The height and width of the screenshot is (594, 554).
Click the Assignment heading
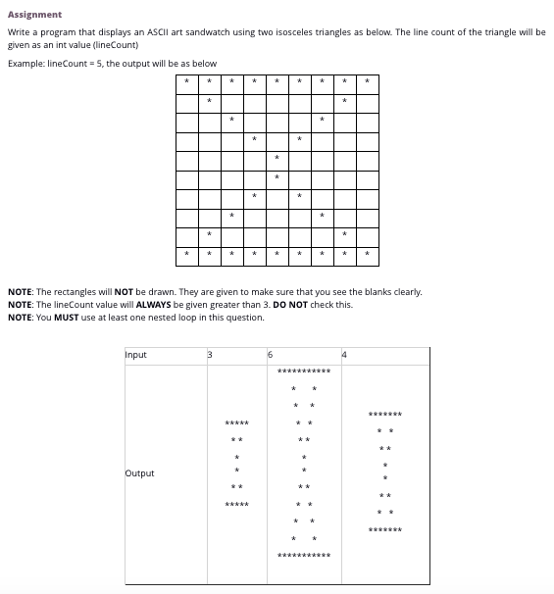point(34,15)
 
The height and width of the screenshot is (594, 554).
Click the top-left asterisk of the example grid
point(186,80)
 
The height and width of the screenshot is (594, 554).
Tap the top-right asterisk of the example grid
point(367,80)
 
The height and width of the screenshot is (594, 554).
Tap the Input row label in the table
point(136,355)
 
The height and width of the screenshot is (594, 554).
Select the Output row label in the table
point(139,473)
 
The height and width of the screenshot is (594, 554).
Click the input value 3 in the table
point(208,355)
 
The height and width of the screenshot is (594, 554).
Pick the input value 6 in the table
point(272,355)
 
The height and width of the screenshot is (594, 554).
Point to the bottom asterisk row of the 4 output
point(385,530)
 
